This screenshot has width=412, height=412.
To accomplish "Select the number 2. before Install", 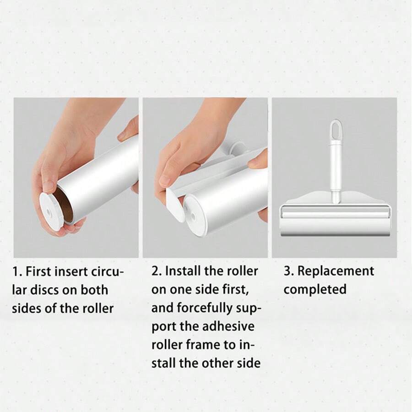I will [157, 271].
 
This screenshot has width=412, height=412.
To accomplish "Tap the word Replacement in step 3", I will [336, 271].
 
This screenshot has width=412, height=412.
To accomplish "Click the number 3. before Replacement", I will [289, 271].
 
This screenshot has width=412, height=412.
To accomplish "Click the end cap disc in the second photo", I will [195, 214].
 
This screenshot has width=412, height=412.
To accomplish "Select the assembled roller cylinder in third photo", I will [336, 215].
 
